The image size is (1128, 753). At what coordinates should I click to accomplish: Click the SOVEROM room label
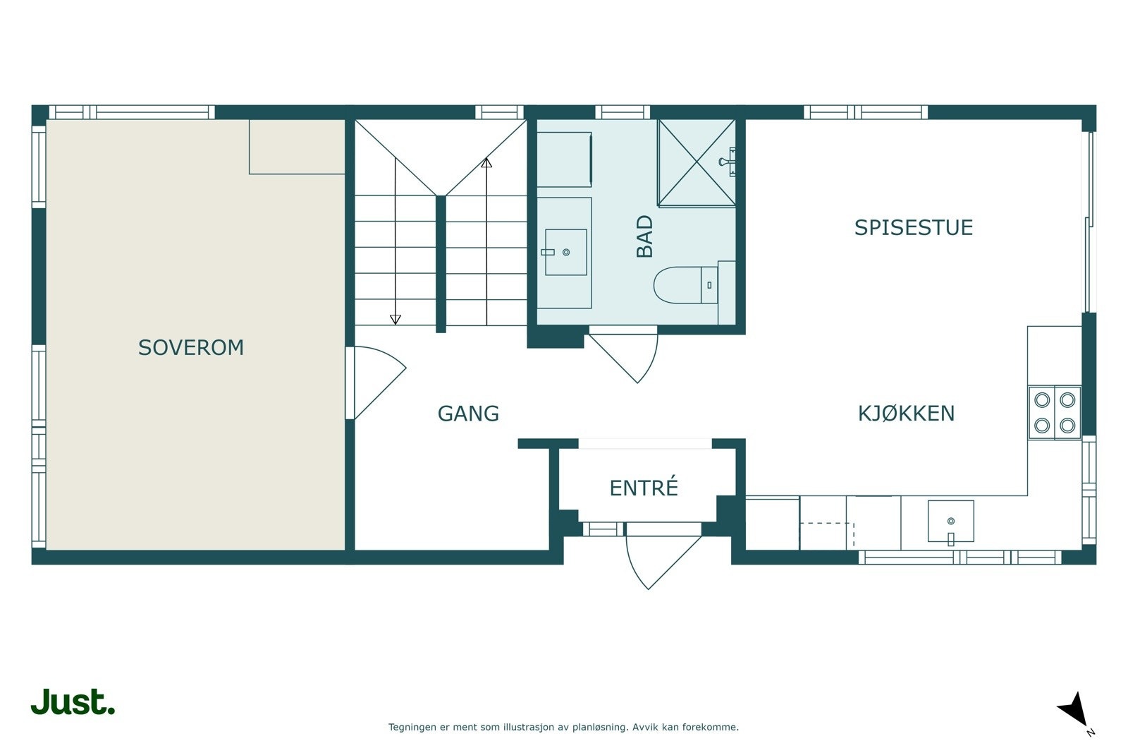tap(191, 348)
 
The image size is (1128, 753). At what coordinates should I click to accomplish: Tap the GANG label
tap(468, 414)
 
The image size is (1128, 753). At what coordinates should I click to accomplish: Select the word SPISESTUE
tap(914, 228)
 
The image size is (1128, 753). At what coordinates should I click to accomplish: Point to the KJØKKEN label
tap(907, 414)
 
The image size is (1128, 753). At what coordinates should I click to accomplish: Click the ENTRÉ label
tap(644, 488)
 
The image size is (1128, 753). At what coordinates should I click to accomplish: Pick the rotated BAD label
tap(644, 236)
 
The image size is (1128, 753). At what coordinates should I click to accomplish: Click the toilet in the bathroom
tap(686, 285)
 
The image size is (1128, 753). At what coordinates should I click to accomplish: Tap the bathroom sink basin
tap(566, 252)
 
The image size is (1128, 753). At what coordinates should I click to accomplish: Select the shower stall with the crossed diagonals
tap(697, 163)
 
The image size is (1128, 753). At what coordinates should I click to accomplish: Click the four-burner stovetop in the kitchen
tap(1055, 413)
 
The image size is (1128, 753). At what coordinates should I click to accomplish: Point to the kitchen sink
tap(951, 522)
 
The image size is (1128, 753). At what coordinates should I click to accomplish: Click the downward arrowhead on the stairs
tap(396, 320)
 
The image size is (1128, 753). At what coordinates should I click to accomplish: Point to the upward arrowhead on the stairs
tap(486, 163)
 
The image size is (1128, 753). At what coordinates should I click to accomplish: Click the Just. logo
tap(73, 701)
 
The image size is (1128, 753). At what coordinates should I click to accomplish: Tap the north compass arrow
tap(1075, 710)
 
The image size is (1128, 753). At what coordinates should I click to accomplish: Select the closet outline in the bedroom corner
tap(297, 147)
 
